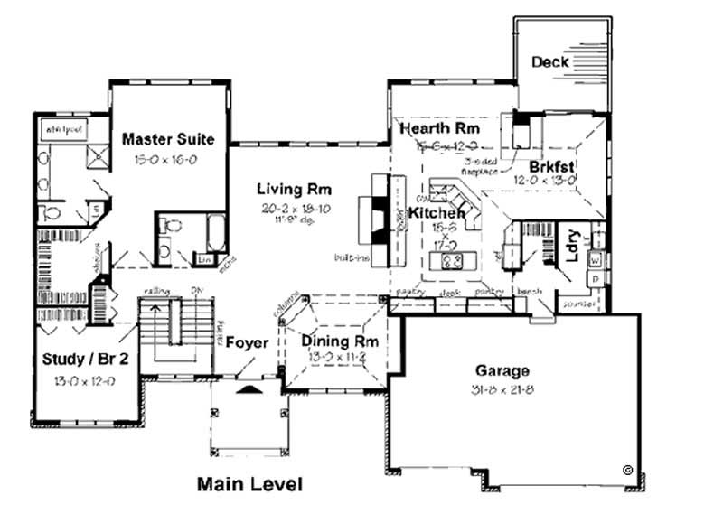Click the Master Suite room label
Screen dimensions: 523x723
[x=168, y=139]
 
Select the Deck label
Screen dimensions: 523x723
[x=549, y=62]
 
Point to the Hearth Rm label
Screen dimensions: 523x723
[x=439, y=129]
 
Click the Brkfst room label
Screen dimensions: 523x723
[x=553, y=166]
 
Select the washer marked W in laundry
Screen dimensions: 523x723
[x=596, y=260]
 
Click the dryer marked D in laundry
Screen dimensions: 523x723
[x=596, y=278]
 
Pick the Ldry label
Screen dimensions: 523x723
[x=571, y=249]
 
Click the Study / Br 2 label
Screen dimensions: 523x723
[x=85, y=360]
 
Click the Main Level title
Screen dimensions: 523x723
[x=249, y=484]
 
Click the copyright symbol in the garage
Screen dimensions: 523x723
[x=626, y=469]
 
